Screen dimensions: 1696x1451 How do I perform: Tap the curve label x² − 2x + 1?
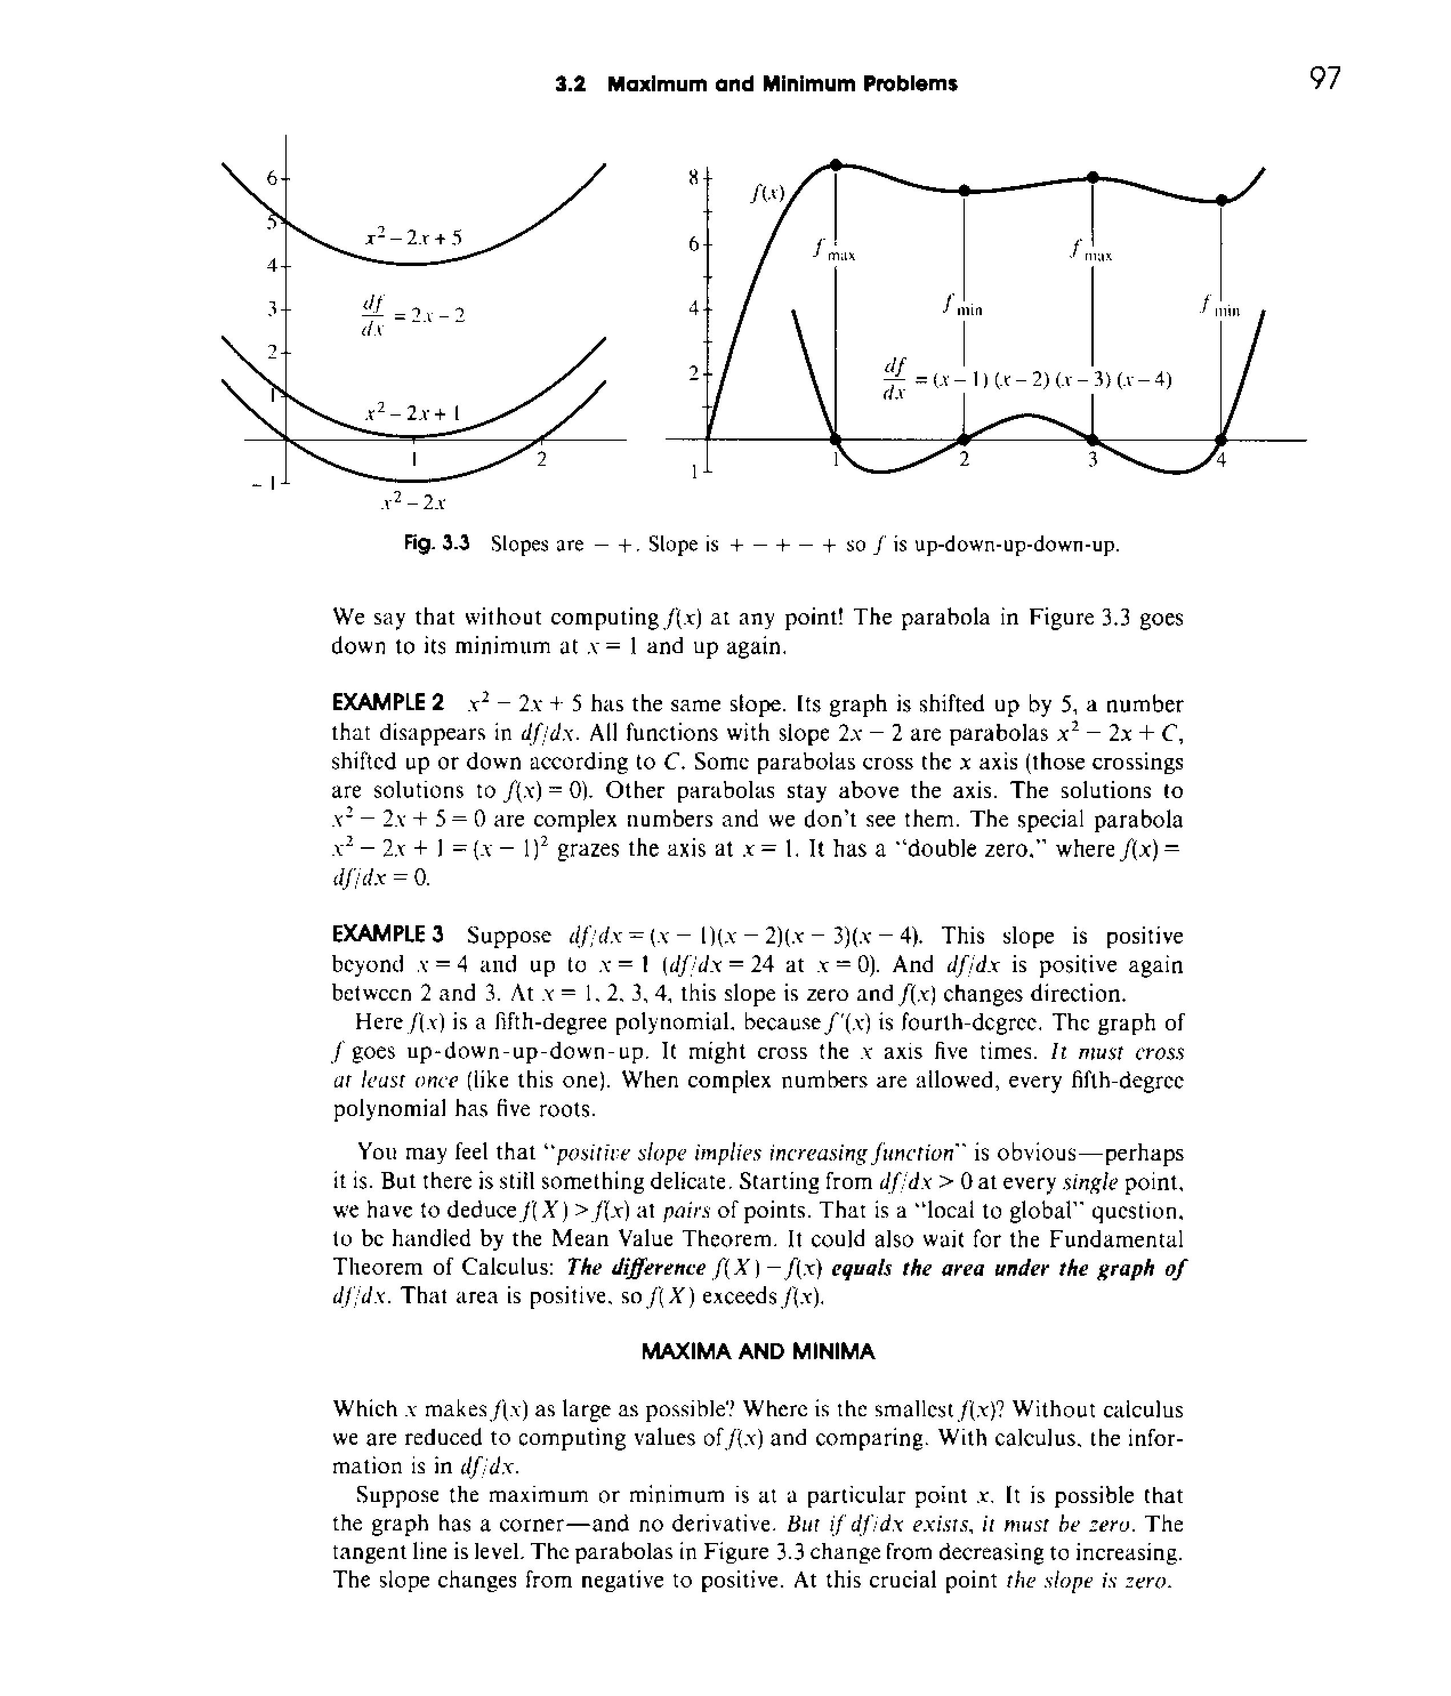pyautogui.click(x=413, y=413)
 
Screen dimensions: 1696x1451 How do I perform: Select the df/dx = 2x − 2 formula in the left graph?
pyautogui.click(x=412, y=315)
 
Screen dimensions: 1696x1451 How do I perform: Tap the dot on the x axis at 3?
pyautogui.click(x=1093, y=440)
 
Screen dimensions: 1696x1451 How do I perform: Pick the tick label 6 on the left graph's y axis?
pyautogui.click(x=272, y=177)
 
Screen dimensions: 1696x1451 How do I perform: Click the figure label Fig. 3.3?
pyautogui.click(x=436, y=545)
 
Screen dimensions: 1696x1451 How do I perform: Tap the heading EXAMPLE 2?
pyautogui.click(x=388, y=703)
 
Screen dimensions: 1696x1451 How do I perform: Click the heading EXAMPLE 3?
pyautogui.click(x=388, y=934)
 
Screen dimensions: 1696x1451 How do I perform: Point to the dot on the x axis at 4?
pyautogui.click(x=1221, y=440)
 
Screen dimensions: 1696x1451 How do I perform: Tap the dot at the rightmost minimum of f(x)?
pyautogui.click(x=1221, y=200)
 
